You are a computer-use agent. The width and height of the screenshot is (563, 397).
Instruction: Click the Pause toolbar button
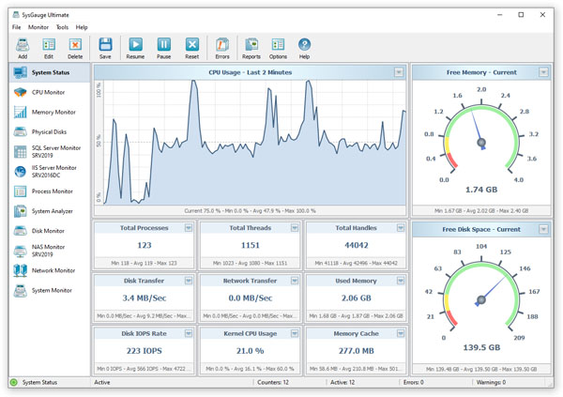point(163,47)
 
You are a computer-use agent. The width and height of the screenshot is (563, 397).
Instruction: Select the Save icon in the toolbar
point(105,47)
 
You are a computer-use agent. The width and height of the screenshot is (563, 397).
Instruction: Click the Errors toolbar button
point(222,47)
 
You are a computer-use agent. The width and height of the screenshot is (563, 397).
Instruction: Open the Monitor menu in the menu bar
point(38,27)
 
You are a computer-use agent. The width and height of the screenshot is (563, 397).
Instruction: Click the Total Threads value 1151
point(250,245)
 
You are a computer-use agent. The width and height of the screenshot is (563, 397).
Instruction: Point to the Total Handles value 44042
point(356,245)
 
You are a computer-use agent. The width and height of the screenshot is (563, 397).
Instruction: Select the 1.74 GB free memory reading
point(481,191)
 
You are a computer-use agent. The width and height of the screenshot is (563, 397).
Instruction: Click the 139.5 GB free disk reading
point(481,347)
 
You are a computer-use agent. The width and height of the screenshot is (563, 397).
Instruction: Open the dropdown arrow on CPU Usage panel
point(399,72)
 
